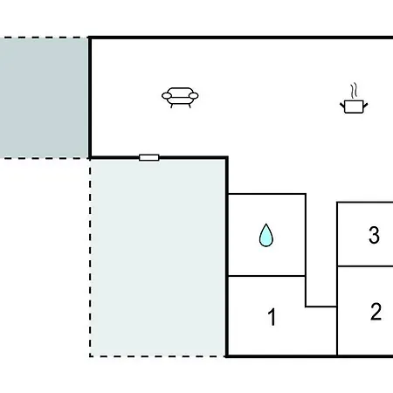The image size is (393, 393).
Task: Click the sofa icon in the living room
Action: coord(180,98)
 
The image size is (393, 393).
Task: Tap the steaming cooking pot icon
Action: coord(354,99)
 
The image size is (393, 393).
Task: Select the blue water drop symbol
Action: coord(266,235)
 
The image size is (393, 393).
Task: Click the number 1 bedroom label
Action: coord(272,317)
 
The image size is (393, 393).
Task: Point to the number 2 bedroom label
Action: coord(376,312)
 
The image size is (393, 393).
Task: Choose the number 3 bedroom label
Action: coord(374,235)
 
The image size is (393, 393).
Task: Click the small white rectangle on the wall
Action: coord(149,157)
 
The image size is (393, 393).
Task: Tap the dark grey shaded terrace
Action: coord(45,98)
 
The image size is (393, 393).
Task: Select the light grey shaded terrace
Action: coord(157,258)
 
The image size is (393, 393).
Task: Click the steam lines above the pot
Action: coord(354,91)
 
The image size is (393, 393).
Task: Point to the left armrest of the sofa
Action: coord(167,95)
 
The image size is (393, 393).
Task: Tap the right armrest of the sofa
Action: coord(194,95)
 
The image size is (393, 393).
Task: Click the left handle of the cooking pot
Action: coord(342,105)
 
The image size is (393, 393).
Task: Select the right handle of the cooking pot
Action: coord(365,105)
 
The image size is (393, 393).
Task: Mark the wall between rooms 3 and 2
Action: coord(365,266)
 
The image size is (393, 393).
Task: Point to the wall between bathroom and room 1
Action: coord(266,276)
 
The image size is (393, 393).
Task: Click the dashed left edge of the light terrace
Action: coord(90,258)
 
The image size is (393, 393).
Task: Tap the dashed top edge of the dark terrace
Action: coord(45,38)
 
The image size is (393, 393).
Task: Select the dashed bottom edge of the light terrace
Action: coord(157,355)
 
